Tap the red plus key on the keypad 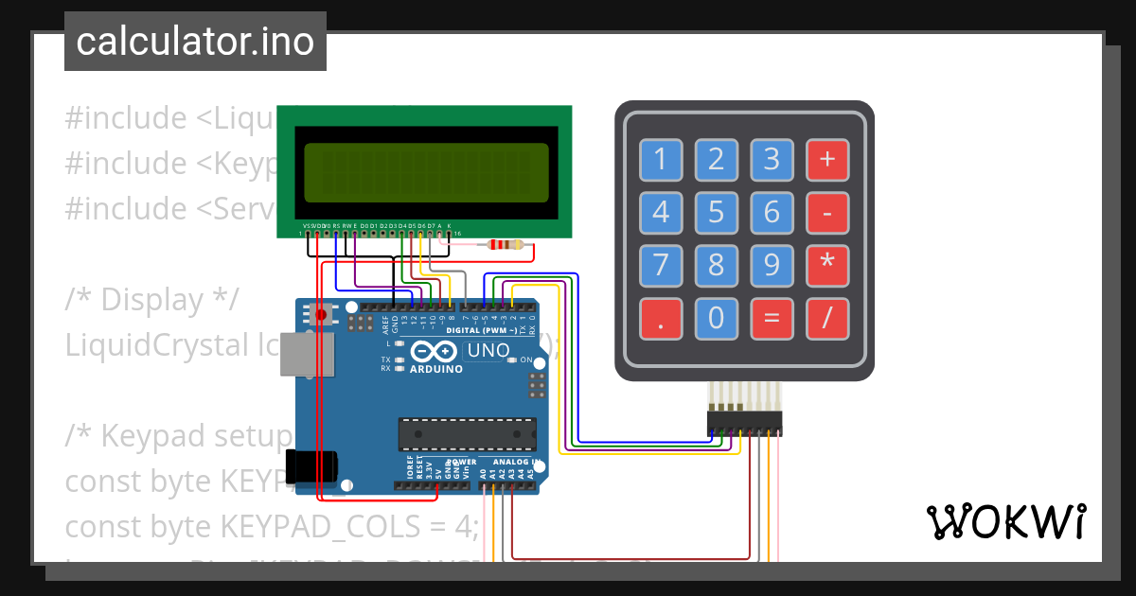pyautogui.click(x=827, y=160)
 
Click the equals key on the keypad pyautogui.click(x=772, y=319)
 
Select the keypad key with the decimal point pyautogui.click(x=661, y=319)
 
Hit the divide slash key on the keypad pyautogui.click(x=827, y=319)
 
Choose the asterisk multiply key pyautogui.click(x=827, y=266)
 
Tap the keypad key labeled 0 pyautogui.click(x=717, y=319)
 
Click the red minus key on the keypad pyautogui.click(x=827, y=213)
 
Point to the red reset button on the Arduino pyautogui.click(x=322, y=313)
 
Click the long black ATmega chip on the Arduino pyautogui.click(x=466, y=433)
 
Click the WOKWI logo pyautogui.click(x=1005, y=521)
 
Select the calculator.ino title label pyautogui.click(x=195, y=42)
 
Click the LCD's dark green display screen pyautogui.click(x=425, y=172)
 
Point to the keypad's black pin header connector pyautogui.click(x=744, y=423)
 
